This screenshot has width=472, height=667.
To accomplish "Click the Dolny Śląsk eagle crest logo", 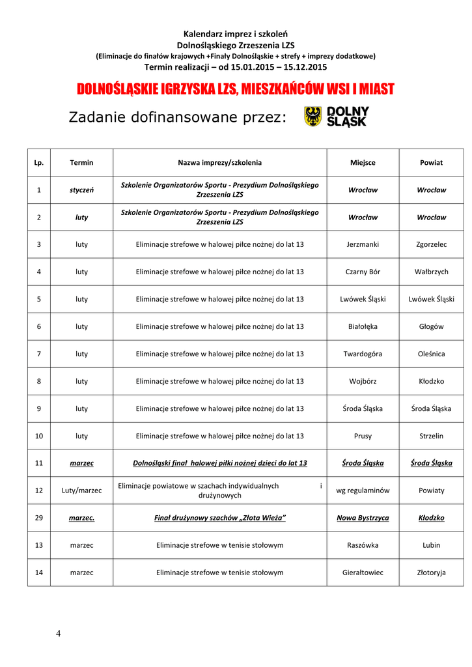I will [313, 117].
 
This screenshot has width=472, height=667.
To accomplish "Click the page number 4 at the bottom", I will [59, 633].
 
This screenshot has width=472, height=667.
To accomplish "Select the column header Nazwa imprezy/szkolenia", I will [220, 163].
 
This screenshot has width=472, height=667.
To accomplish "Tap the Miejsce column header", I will [363, 163].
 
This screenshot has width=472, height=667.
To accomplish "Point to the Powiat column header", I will [431, 163].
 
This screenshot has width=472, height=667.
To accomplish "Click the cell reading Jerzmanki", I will [363, 244].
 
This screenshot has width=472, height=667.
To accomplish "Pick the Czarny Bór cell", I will [363, 272].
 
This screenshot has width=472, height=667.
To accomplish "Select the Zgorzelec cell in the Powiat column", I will [431, 244].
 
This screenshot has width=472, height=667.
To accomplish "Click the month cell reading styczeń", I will [81, 190].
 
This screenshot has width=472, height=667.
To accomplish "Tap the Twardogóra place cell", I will [363, 354].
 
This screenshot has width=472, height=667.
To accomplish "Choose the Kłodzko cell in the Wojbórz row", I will [431, 381].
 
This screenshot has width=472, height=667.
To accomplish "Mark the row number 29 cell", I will [39, 518].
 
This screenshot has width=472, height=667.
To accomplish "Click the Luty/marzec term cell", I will [81, 490].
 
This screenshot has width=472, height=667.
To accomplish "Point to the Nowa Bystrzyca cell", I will [363, 518].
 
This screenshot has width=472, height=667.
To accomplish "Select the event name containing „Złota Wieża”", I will [220, 518].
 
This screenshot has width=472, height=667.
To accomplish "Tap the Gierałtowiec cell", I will [363, 573].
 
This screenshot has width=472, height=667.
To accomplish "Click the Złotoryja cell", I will [431, 573].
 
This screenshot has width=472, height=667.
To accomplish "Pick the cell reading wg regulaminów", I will [363, 490].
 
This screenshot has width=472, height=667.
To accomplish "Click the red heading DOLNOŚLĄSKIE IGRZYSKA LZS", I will [236, 89].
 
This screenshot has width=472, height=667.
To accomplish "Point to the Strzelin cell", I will [431, 436].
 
